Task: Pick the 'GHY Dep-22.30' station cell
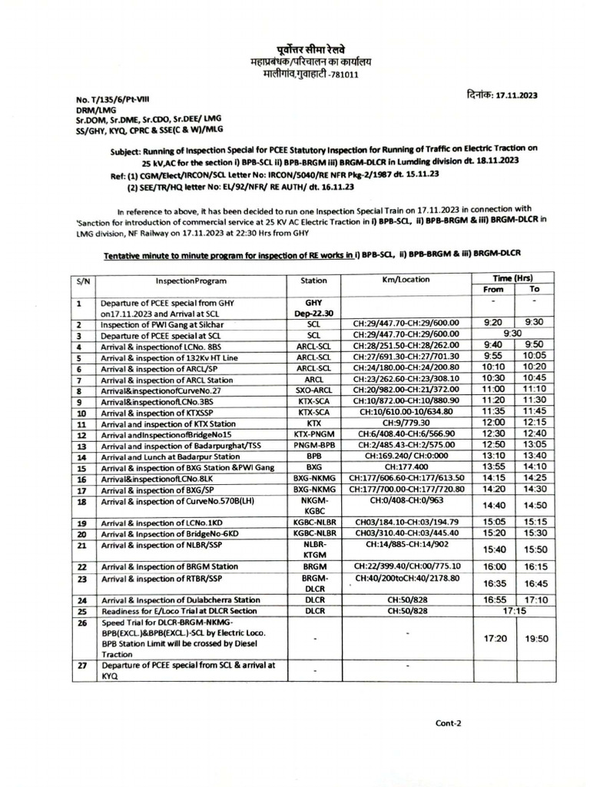coord(313,307)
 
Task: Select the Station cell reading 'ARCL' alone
coord(313,378)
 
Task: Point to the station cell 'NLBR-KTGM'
coord(313,550)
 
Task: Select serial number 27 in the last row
coord(80,666)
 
